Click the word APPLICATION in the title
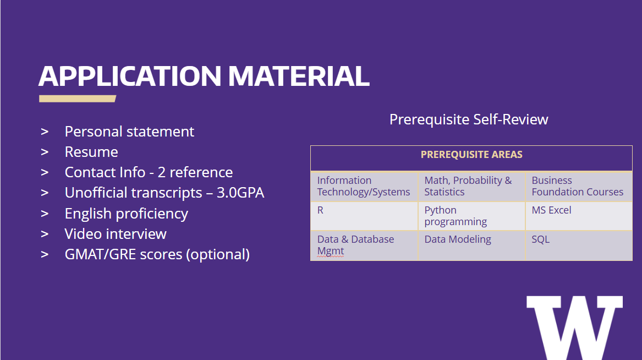(130, 76)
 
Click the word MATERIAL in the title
(299, 76)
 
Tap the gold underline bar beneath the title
(78, 99)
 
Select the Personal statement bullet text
(129, 132)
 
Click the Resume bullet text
(91, 152)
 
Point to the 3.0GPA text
(240, 193)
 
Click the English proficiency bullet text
(127, 214)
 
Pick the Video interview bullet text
(116, 234)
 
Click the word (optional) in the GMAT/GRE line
(218, 254)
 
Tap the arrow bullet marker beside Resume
(45, 152)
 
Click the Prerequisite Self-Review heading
(469, 119)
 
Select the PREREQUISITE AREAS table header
(471, 154)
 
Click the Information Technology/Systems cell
(364, 187)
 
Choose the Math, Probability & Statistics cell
(471, 187)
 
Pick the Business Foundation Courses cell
(579, 187)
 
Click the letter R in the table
(320, 210)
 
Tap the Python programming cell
(471, 216)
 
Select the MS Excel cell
(579, 216)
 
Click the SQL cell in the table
(579, 246)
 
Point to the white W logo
(574, 328)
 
